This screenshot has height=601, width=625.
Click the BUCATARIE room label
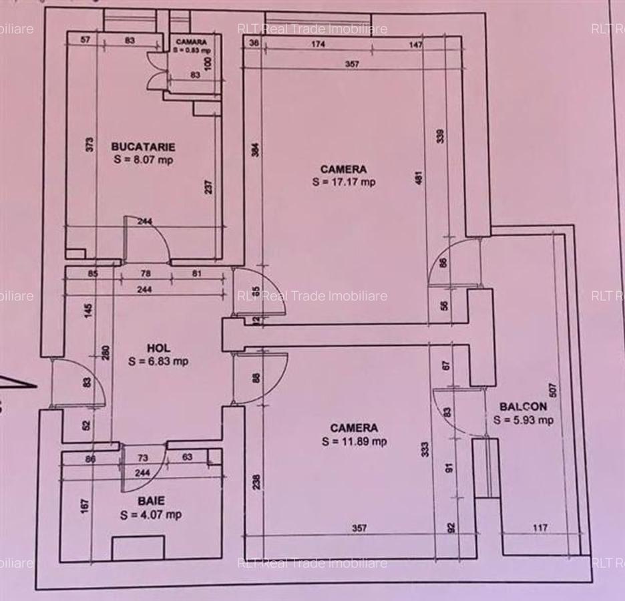click(x=143, y=146)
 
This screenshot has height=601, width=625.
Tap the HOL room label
click(x=158, y=348)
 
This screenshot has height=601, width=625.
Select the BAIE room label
click(x=152, y=501)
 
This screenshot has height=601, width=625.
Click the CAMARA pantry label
click(x=191, y=41)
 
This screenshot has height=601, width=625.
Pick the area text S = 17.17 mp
click(x=343, y=182)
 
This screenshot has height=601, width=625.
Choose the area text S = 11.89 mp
click(x=354, y=441)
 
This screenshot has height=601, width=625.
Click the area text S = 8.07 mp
click(x=143, y=160)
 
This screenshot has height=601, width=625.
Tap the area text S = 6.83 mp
click(x=158, y=361)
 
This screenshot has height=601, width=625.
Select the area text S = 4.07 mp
click(x=151, y=515)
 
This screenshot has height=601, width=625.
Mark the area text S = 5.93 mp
click(x=524, y=420)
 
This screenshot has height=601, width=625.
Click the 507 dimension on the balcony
click(x=552, y=389)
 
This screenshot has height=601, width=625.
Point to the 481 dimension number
click(x=420, y=178)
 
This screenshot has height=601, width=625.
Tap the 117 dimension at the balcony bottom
click(x=540, y=528)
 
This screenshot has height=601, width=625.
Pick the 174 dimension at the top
click(x=318, y=45)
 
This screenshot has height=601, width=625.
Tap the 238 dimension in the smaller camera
click(x=257, y=481)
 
